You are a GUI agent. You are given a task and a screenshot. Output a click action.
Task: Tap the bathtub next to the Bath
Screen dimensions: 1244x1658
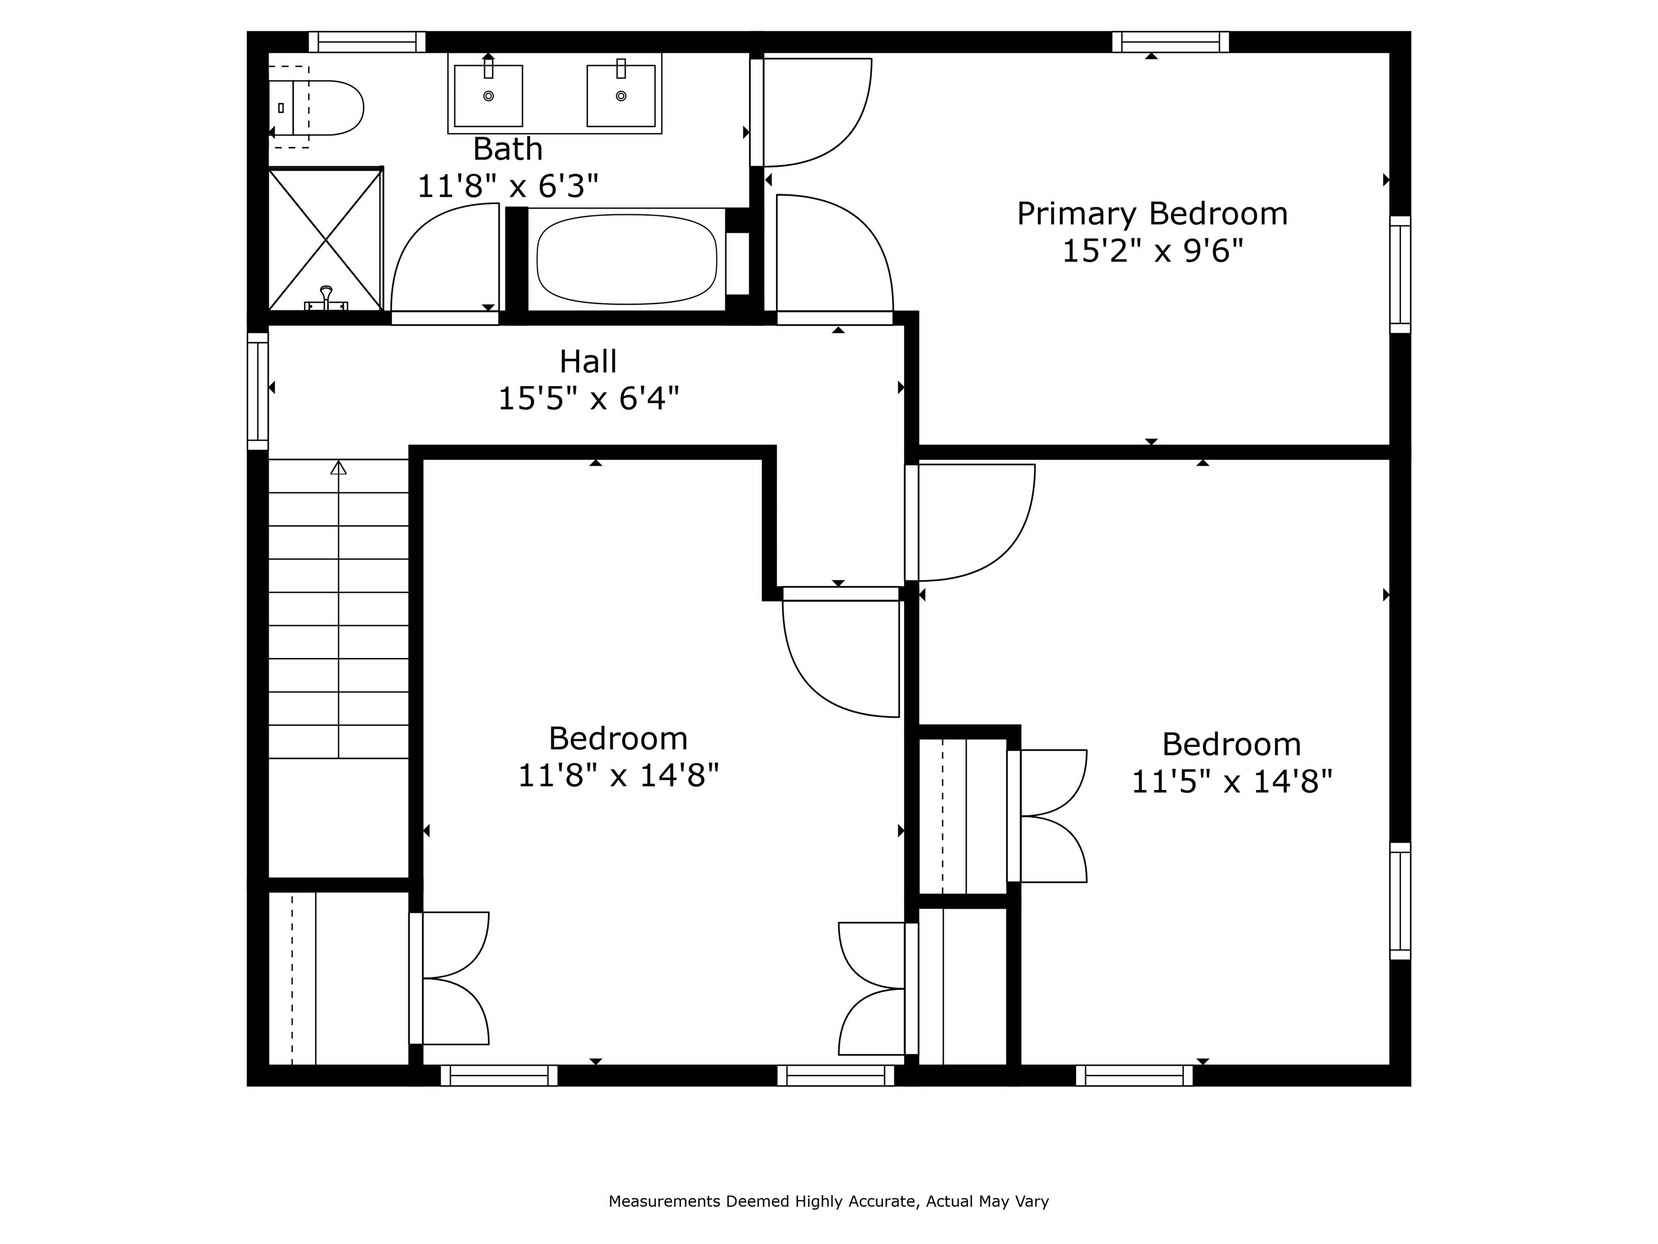pos(627,260)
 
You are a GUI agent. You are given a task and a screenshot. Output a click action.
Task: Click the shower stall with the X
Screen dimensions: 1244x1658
pos(325,240)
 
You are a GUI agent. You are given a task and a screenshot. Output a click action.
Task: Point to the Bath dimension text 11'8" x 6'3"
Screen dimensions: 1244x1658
pos(507,186)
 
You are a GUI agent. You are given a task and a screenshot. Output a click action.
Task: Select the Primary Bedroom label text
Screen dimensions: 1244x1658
pos(1151,214)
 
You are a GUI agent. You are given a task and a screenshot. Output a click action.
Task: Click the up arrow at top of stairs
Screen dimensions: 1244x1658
pos(339,468)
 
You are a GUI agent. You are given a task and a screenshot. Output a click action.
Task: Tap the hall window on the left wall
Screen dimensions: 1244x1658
pos(258,391)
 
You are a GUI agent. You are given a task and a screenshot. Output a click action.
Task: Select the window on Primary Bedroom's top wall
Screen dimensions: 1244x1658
pos(1170,42)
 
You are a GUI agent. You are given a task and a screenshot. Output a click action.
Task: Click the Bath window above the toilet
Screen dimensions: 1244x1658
pos(368,42)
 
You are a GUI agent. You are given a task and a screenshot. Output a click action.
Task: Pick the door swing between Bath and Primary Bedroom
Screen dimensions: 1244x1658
pos(813,112)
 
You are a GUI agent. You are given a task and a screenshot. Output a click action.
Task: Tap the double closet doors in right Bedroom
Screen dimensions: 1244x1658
pos(1049,816)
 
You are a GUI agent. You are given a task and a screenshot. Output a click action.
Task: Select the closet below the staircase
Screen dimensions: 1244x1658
pos(337,978)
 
